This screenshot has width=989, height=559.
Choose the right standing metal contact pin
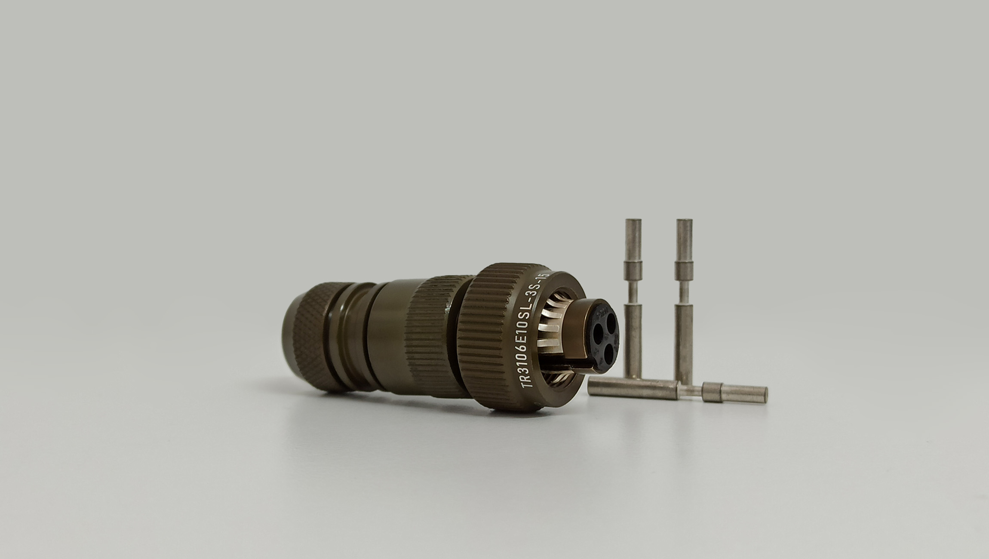[x=684, y=301]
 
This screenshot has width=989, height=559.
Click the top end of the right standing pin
[x=684, y=220]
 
